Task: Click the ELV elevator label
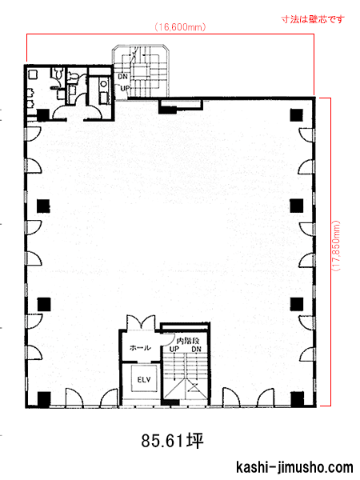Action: [143, 379]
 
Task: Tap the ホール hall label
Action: [140, 348]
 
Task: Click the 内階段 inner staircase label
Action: [188, 341]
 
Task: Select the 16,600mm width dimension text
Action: [180, 27]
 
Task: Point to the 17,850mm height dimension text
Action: [336, 246]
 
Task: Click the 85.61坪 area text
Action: [172, 441]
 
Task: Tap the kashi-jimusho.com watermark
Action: [294, 467]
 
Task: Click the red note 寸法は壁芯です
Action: [313, 19]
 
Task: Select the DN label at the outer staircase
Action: [122, 76]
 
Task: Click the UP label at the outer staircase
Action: [125, 89]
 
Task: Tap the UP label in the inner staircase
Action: [174, 349]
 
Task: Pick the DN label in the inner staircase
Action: [196, 349]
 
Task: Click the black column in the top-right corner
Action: [296, 114]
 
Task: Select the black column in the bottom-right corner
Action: [297, 398]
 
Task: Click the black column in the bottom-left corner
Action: [44, 398]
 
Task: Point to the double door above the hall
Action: [141, 322]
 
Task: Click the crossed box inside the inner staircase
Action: [194, 387]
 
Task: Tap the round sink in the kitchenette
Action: [104, 83]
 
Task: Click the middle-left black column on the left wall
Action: [43, 206]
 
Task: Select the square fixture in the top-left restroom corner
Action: [33, 74]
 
